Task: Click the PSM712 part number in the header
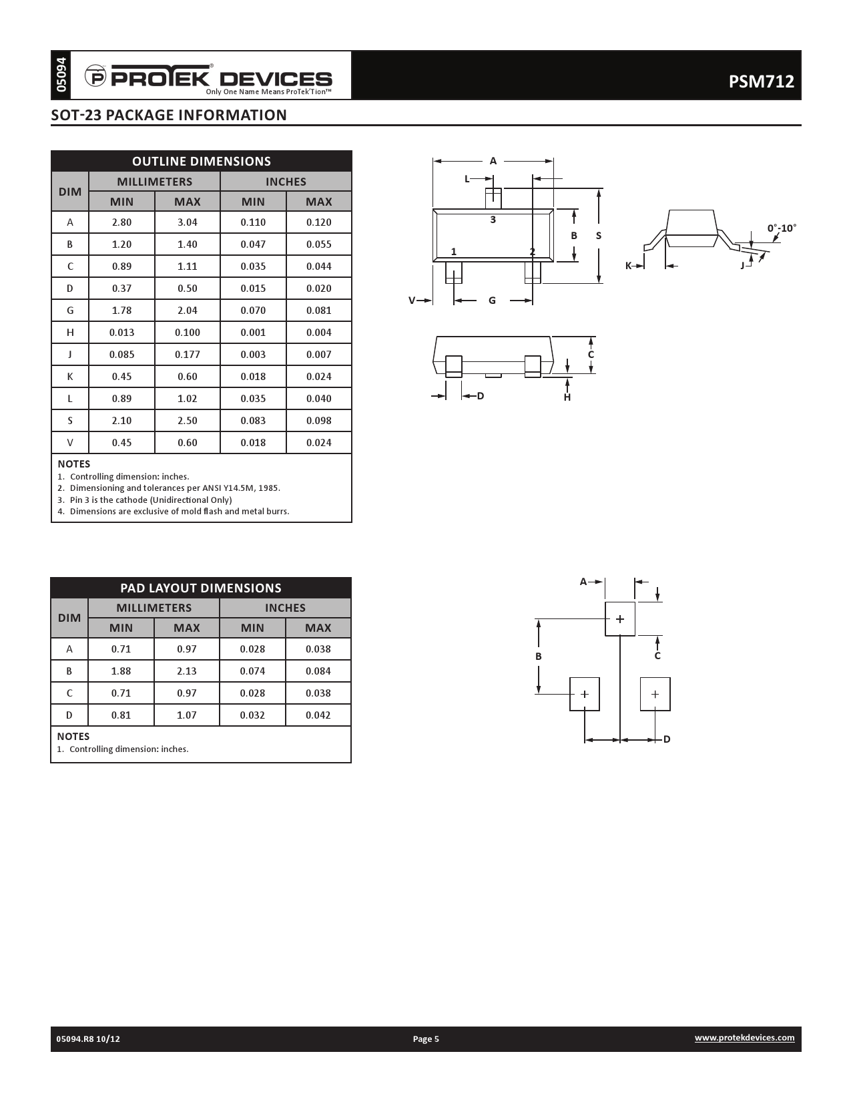point(761,81)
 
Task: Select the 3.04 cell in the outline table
point(188,222)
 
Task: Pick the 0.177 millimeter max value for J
point(188,355)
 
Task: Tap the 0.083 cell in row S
point(253,421)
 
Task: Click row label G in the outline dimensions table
point(70,311)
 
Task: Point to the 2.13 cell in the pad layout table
point(187,671)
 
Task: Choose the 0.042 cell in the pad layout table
point(318,715)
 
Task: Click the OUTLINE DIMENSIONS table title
point(202,161)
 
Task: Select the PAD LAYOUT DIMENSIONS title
point(201,588)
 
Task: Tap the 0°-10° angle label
point(782,228)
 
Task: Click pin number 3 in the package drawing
point(493,220)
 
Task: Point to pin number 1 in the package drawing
point(454,252)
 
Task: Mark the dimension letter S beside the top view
point(599,236)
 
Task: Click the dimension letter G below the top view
point(493,301)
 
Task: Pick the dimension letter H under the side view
point(567,397)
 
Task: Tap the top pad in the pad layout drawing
point(620,619)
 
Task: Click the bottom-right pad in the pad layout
point(655,695)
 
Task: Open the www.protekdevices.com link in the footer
point(744,1037)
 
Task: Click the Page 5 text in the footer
point(426,1039)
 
